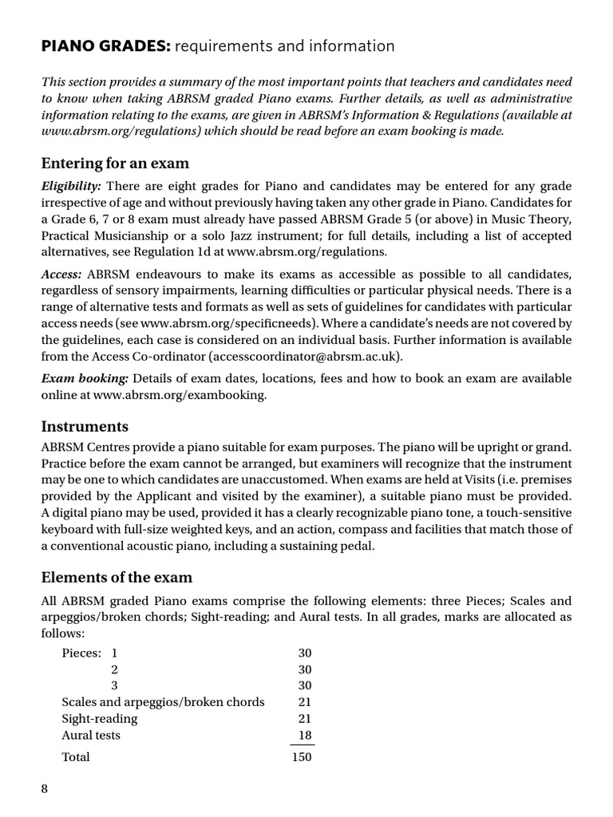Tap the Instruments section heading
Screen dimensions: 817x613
click(85, 426)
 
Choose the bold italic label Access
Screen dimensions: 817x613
click(61, 274)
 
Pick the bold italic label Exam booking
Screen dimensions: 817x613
click(85, 377)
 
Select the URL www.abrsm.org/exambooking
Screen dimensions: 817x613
click(180, 394)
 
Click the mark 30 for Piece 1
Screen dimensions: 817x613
click(304, 653)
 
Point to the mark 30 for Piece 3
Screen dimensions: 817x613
click(304, 685)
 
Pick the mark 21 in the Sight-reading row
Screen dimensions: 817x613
click(304, 719)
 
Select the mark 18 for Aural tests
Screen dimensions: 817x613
click(304, 735)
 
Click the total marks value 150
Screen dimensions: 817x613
click(302, 756)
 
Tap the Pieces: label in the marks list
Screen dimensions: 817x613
click(81, 653)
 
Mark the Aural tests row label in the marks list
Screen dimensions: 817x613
click(91, 735)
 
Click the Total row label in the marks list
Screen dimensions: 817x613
click(76, 756)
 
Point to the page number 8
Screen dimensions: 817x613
click(45, 789)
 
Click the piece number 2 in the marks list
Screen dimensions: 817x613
click(115, 669)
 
